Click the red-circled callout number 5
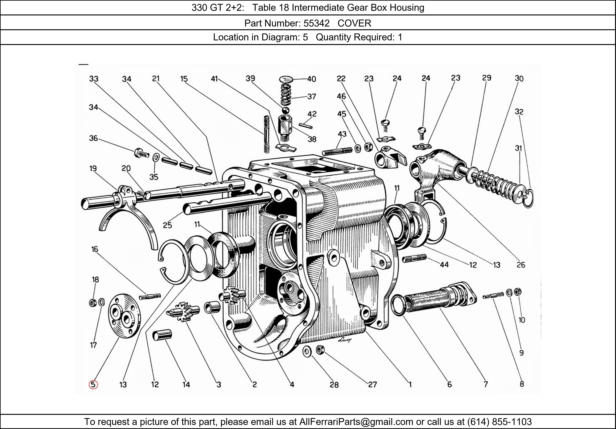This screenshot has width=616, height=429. (93, 385)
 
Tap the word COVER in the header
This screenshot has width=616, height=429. (354, 23)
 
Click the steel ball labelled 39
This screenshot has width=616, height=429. (286, 110)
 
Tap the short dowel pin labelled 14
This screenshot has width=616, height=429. (162, 336)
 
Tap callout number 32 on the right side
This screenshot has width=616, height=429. (519, 112)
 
